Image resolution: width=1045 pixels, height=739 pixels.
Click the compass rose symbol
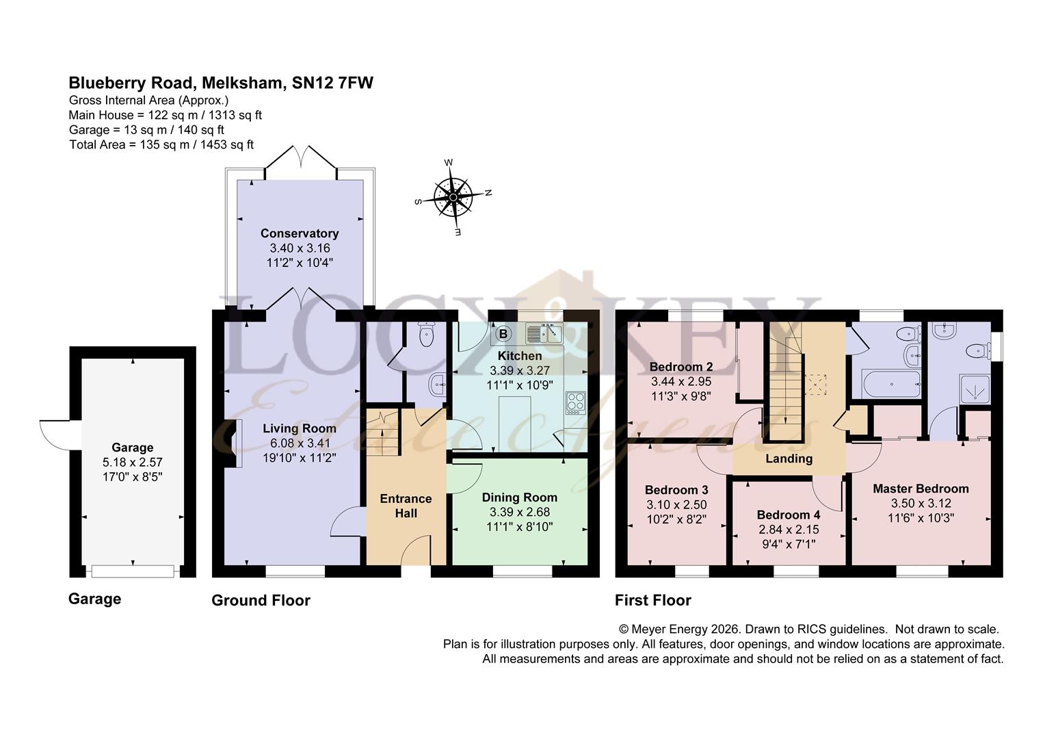point(453,198)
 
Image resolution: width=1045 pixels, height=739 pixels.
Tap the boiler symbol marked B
point(503,334)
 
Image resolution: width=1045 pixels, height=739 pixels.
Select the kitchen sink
point(544,333)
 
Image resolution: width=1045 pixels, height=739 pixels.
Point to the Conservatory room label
point(300,233)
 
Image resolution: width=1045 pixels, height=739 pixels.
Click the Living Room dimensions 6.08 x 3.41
point(300,443)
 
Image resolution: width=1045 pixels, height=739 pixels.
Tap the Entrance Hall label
point(406,506)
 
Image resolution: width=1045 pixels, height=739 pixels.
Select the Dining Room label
point(520,497)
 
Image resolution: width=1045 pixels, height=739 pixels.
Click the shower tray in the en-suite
point(975,389)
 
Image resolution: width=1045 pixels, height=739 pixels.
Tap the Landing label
point(789,459)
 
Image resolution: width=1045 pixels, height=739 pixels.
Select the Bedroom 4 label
point(789,515)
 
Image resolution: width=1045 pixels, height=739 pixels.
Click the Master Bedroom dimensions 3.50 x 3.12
point(921,503)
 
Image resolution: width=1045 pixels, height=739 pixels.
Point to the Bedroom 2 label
point(681,367)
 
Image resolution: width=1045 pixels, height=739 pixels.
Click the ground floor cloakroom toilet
point(426,335)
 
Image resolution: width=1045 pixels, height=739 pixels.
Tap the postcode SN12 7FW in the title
point(332,83)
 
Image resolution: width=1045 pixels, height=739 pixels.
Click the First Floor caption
point(652,600)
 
